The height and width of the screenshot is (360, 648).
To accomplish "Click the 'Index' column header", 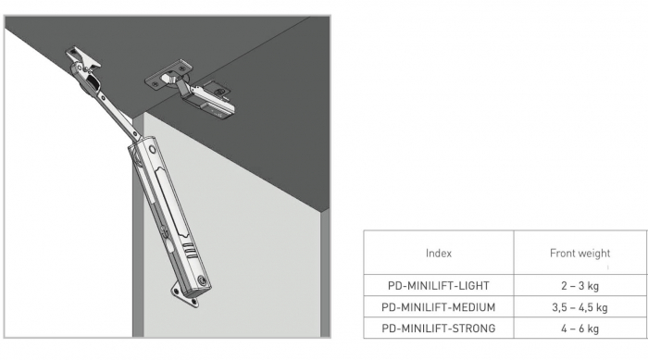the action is pyautogui.click(x=438, y=253).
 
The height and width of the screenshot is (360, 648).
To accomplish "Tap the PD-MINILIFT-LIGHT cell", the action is pyautogui.click(x=438, y=285).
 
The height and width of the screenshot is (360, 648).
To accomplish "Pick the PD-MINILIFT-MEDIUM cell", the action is pyautogui.click(x=438, y=306).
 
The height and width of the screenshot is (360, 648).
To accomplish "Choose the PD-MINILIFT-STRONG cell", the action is pyautogui.click(x=438, y=328).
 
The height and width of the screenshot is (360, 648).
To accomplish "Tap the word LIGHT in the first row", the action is pyautogui.click(x=470, y=285).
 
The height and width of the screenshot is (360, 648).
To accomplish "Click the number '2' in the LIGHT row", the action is pyautogui.click(x=562, y=285).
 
